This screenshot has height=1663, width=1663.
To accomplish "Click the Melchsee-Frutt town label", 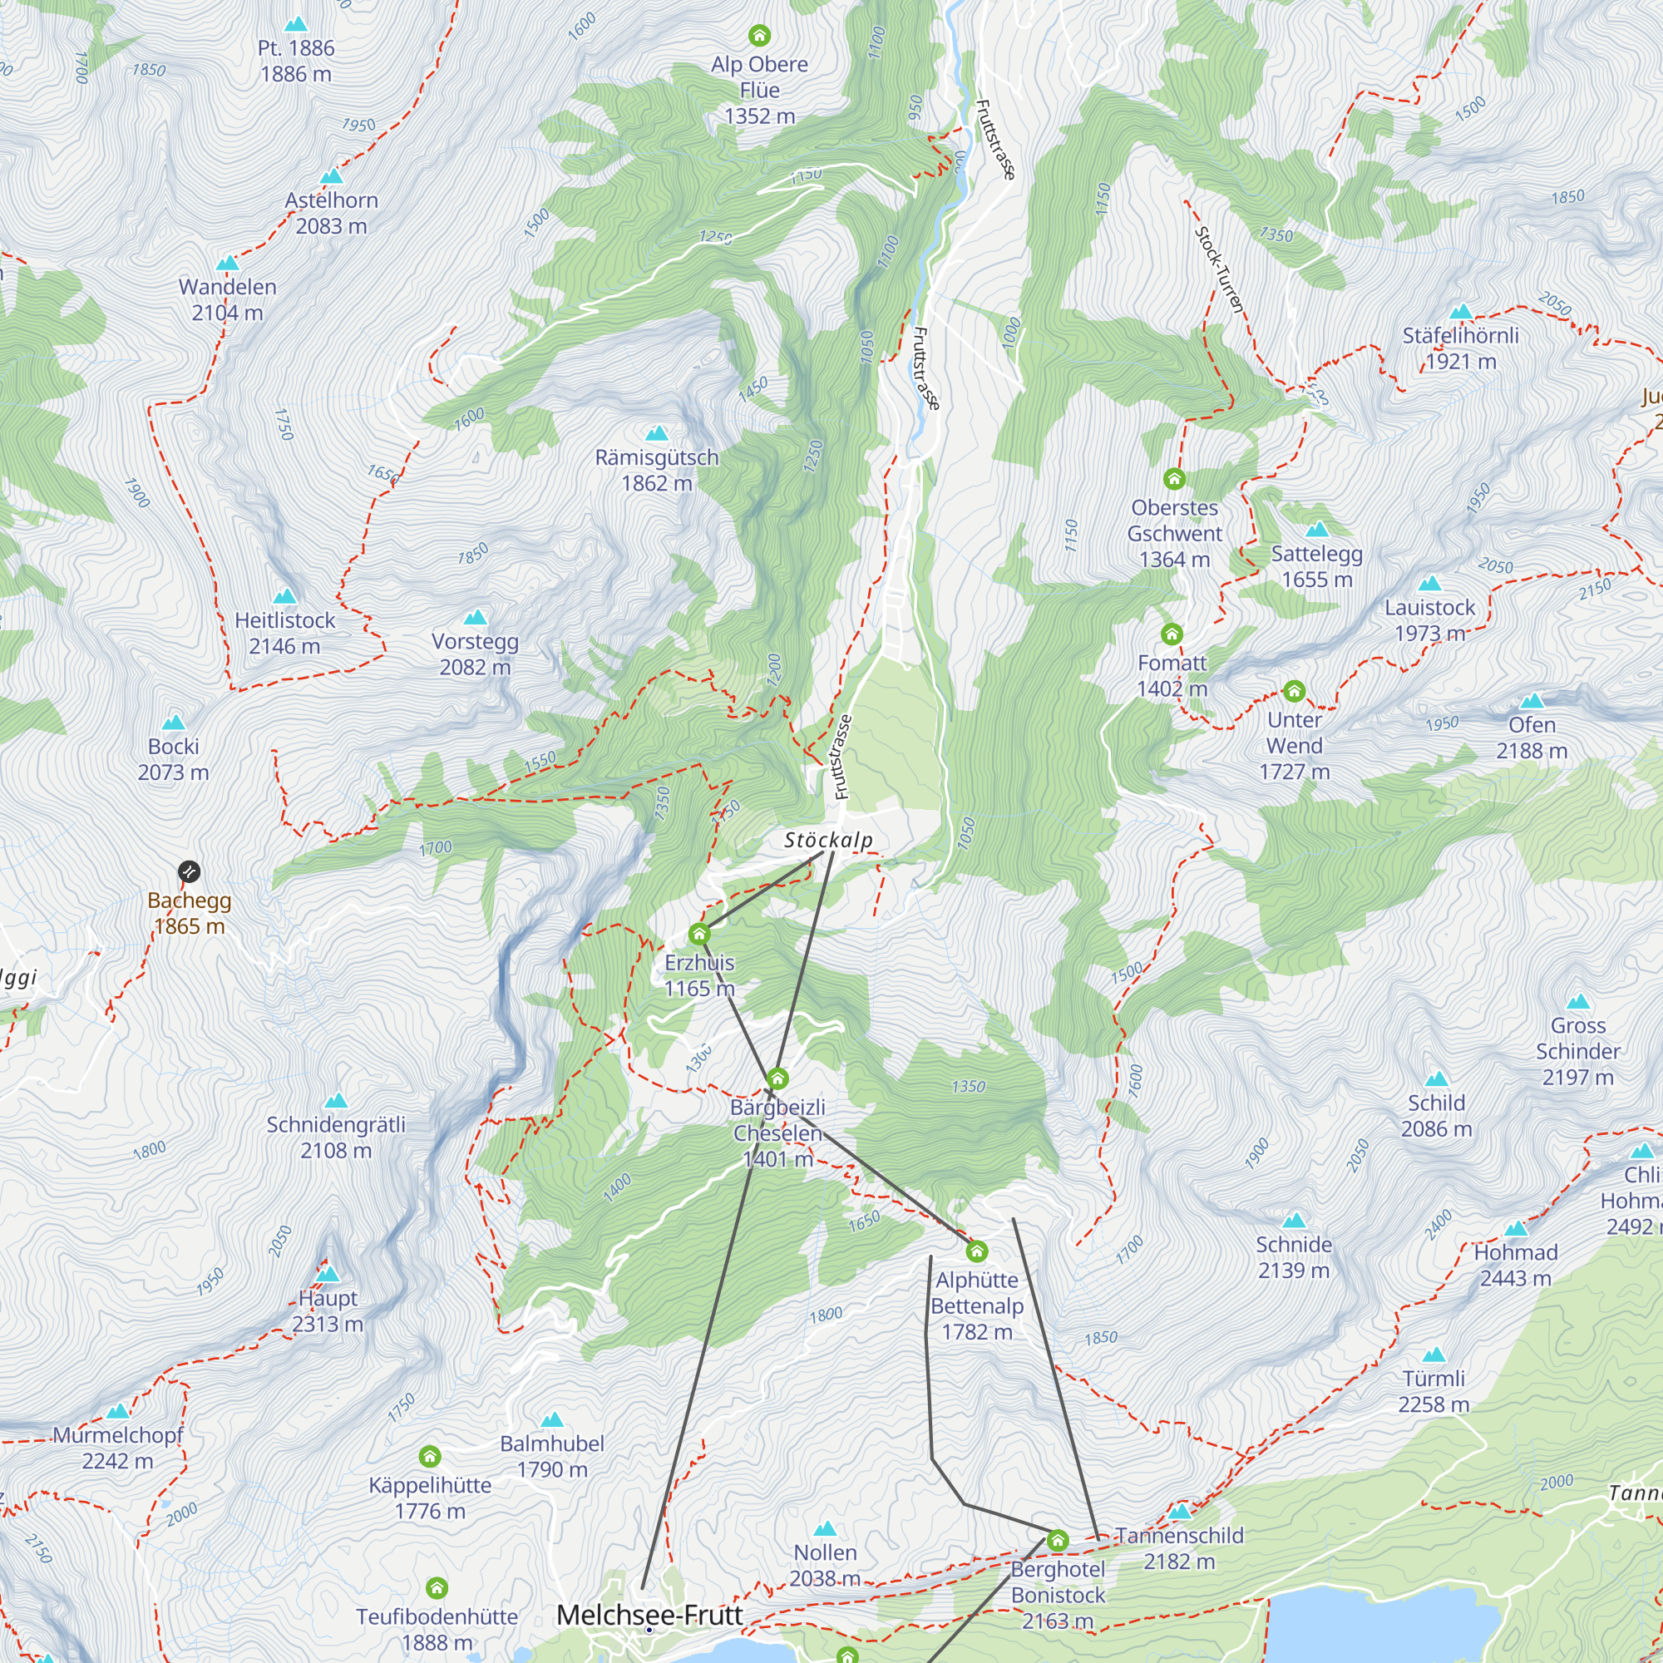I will pyautogui.click(x=650, y=1615).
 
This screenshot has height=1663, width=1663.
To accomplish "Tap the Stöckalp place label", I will pyautogui.click(x=828, y=840).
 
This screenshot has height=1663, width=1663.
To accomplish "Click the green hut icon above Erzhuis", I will pyautogui.click(x=699, y=934).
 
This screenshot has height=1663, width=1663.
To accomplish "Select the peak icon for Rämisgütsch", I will pyautogui.click(x=657, y=433).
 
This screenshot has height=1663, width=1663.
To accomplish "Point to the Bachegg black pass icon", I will pyautogui.click(x=190, y=872).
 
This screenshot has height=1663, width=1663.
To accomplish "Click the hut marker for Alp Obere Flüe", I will pyautogui.click(x=759, y=35).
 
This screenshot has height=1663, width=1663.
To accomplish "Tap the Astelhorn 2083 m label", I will pyautogui.click(x=332, y=213).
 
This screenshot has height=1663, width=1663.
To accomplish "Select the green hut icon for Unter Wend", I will pyautogui.click(x=1295, y=691).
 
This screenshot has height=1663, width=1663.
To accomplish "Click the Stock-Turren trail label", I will pyautogui.click(x=1220, y=269).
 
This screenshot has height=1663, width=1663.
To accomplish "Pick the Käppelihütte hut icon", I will pyautogui.click(x=430, y=1457).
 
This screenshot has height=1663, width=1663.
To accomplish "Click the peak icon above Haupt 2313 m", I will pyautogui.click(x=328, y=1274).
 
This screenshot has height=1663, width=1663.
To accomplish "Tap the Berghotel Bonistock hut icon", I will pyautogui.click(x=1058, y=1541).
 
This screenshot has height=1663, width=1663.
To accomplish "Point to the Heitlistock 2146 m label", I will pyautogui.click(x=285, y=633).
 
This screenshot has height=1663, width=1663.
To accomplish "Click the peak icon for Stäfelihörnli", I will pyautogui.click(x=1461, y=312).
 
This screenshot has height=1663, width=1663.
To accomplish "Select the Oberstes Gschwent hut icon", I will pyautogui.click(x=1174, y=479).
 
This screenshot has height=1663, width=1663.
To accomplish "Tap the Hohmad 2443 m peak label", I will pyautogui.click(x=1516, y=1265).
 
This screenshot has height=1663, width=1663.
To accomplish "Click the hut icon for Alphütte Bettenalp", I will pyautogui.click(x=976, y=1251).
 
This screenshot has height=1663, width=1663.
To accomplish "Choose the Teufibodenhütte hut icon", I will pyautogui.click(x=437, y=1588).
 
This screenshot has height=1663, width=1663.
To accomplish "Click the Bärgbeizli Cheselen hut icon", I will pyautogui.click(x=777, y=1078).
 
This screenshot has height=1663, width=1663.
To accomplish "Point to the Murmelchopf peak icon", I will pyautogui.click(x=118, y=1411).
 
